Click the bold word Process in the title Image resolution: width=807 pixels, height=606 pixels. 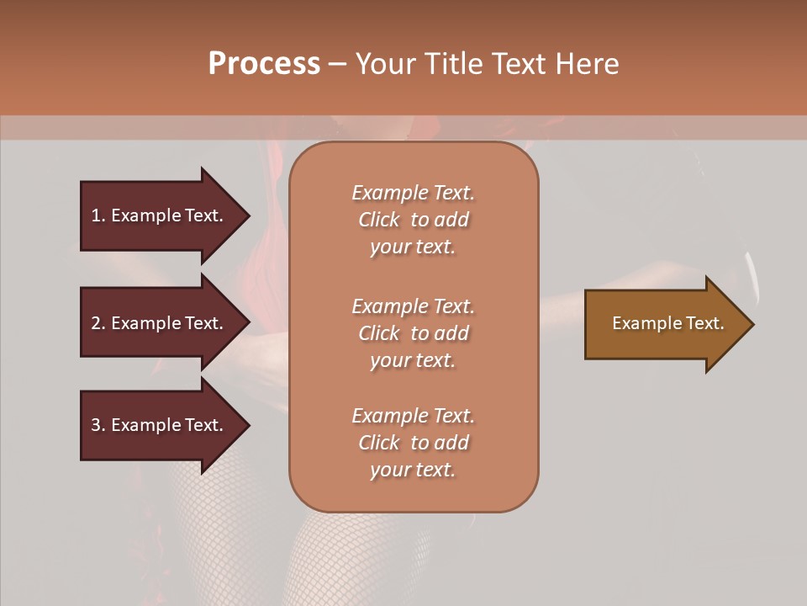pos(264,63)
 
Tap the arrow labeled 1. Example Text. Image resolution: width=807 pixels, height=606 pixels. pos(160,215)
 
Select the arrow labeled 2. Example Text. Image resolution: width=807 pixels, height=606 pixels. pos(160,323)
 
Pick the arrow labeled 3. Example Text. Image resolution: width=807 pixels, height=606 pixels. pos(160,425)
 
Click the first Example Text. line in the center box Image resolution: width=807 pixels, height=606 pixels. pos(413,193)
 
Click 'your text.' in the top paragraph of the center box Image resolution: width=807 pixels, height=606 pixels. pos(413,247)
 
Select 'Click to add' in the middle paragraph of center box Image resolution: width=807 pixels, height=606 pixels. pos(413,333)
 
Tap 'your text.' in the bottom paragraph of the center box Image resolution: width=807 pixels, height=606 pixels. pos(413,470)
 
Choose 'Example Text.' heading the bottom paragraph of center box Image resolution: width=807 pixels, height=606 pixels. pos(413,416)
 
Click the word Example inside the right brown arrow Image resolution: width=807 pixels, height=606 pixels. pos(641,323)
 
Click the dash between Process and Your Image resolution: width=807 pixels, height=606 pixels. pos(337,64)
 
